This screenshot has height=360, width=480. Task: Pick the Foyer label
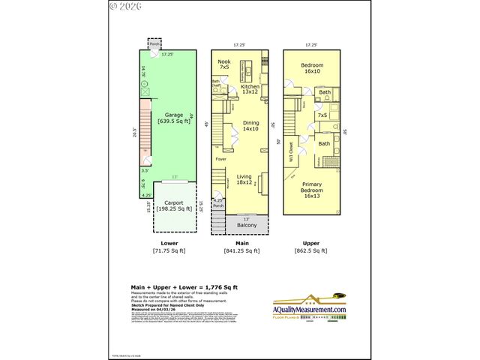point(220,159)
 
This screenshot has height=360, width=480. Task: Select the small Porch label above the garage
point(154,44)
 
